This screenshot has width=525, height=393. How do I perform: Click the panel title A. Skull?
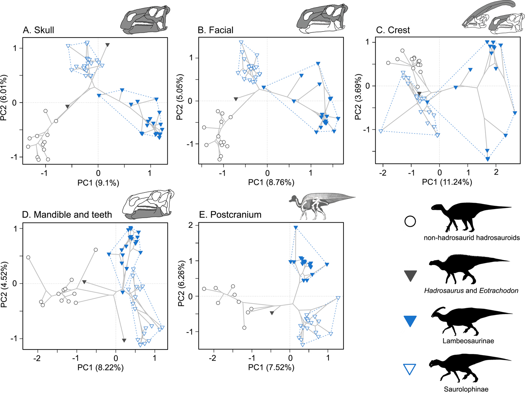click(39, 30)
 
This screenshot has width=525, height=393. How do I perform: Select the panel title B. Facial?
click(216, 30)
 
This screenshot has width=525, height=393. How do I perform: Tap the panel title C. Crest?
click(393, 30)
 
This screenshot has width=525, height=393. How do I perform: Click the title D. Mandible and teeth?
click(67, 215)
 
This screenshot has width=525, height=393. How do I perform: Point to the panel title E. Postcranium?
click(230, 215)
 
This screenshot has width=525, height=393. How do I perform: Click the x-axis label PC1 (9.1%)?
click(98, 183)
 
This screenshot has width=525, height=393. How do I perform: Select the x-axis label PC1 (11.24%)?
click(447, 182)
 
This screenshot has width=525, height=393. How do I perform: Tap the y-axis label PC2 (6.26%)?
click(181, 284)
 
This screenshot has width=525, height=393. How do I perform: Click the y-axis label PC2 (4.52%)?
click(4, 285)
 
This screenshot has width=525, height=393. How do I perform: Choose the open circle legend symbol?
click(410, 221)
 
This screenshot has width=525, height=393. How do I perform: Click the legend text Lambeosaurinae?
click(468, 341)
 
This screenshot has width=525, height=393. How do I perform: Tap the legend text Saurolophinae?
click(466, 389)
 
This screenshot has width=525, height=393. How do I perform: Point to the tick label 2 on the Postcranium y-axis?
click(190, 225)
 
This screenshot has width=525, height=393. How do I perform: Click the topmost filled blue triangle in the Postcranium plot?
click(296, 227)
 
